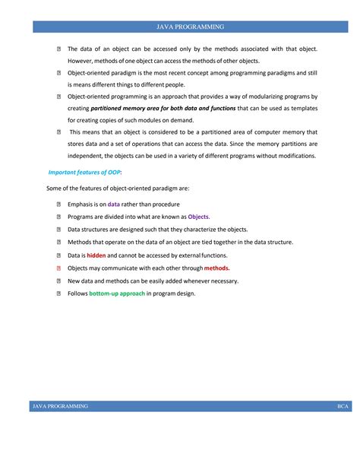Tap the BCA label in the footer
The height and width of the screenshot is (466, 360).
click(x=343, y=407)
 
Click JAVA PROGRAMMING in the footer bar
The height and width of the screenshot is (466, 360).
click(x=60, y=407)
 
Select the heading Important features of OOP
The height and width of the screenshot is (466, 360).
click(x=79, y=173)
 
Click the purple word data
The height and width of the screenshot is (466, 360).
click(x=114, y=204)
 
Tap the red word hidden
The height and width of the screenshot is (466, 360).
click(x=96, y=255)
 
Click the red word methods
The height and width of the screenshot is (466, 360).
click(x=216, y=268)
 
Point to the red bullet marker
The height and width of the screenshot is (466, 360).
click(x=58, y=268)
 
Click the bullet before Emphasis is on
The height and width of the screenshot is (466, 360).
click(x=58, y=204)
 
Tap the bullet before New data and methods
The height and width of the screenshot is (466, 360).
click(x=58, y=281)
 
